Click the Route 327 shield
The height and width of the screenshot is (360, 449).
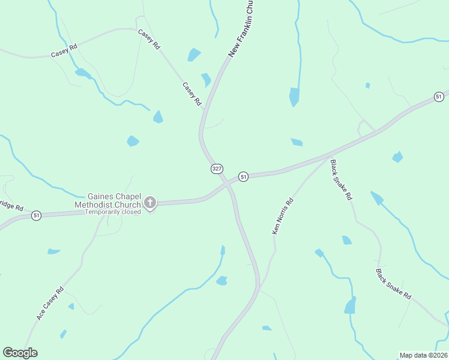pyautogui.click(x=216, y=169)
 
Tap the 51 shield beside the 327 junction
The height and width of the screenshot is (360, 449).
pyautogui.click(x=243, y=176)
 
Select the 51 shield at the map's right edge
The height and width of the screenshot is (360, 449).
pyautogui.click(x=439, y=97)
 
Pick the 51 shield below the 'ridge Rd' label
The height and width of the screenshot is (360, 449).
pyautogui.click(x=37, y=215)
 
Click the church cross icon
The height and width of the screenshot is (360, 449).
pyautogui.click(x=150, y=203)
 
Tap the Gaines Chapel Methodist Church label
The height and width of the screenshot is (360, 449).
pyautogui.click(x=114, y=200)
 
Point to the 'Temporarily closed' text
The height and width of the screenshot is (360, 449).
pyautogui.click(x=113, y=212)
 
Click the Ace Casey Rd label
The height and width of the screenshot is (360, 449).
pyautogui.click(x=50, y=303)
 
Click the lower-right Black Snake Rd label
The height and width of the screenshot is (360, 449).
pyautogui.click(x=394, y=284)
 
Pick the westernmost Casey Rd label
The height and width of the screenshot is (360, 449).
pyautogui.click(x=64, y=50)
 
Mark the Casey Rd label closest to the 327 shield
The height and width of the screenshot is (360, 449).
pyautogui.click(x=191, y=94)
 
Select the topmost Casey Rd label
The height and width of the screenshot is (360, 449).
pyautogui.click(x=149, y=39)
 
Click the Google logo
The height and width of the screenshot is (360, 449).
pyautogui.click(x=20, y=353)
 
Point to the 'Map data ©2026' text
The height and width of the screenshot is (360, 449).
pyautogui.click(x=423, y=355)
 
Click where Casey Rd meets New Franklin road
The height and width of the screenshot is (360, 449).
pyautogui.click(x=205, y=110)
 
